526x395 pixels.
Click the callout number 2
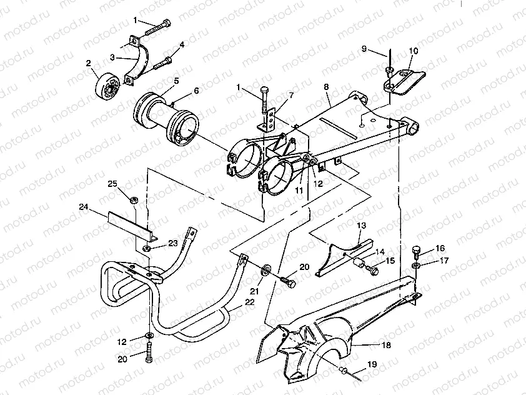(x=89, y=63)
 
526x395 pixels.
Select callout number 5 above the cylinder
(x=177, y=81)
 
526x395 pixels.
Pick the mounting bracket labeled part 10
(x=405, y=81)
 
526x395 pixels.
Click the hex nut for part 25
(x=133, y=199)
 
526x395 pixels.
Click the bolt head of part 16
(x=417, y=251)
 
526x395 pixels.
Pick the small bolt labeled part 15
(x=373, y=271)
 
